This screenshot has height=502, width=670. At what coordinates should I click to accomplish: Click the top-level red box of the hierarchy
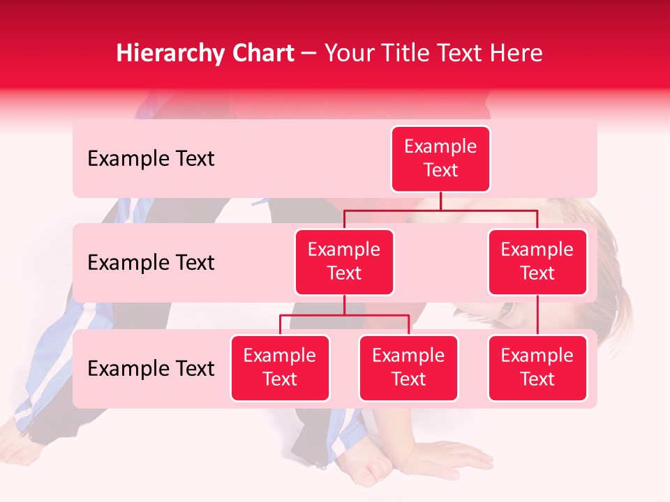(x=440, y=159)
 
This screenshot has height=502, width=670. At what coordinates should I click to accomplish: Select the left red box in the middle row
(x=344, y=262)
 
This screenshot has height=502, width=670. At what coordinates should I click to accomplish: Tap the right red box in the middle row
(x=537, y=262)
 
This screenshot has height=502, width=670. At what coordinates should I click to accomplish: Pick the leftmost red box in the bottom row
(x=280, y=368)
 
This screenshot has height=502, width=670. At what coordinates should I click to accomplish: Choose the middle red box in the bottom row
(x=408, y=368)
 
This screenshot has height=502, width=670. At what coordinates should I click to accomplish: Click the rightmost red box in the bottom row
(x=537, y=368)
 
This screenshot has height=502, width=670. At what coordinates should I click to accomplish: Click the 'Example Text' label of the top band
(x=151, y=159)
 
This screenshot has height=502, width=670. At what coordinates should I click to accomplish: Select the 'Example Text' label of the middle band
(x=151, y=263)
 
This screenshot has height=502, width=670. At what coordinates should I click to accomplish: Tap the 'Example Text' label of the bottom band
(x=151, y=369)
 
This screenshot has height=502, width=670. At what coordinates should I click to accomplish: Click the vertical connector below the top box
(x=440, y=201)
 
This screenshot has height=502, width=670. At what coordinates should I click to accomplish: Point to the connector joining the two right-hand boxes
(x=537, y=315)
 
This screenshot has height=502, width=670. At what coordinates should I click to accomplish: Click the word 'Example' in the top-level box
(x=440, y=146)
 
